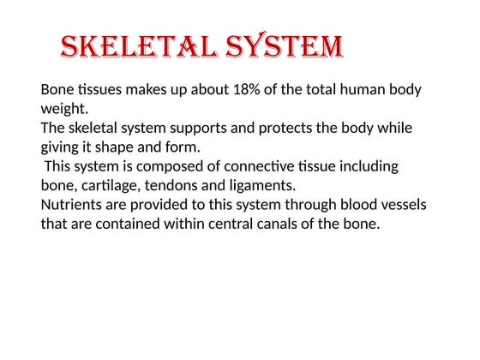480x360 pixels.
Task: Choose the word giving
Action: click(x=62, y=147)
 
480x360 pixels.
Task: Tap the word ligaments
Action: click(x=263, y=185)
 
